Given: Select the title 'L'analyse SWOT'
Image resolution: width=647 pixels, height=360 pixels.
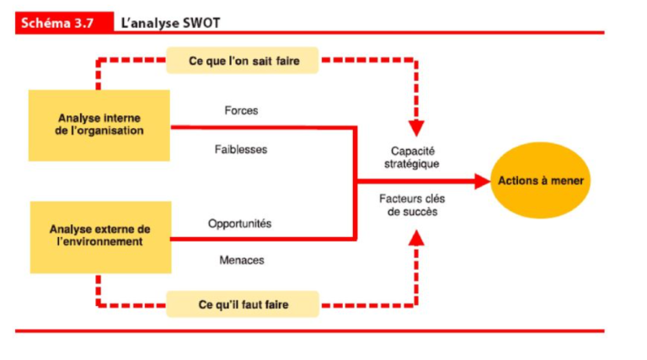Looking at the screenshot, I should [x=171, y=23].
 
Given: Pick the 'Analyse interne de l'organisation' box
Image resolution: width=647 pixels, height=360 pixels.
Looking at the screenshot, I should [x=100, y=125].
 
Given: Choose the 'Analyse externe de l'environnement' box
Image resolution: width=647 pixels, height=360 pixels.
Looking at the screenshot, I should [x=100, y=235].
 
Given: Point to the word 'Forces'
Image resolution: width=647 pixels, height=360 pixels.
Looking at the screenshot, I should [x=241, y=110].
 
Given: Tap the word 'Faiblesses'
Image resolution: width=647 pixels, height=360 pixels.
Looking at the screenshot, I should [x=241, y=149].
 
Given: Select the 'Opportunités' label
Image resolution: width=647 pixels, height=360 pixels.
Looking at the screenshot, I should [x=240, y=223].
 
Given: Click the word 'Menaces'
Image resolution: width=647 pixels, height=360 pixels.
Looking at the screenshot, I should [x=241, y=261].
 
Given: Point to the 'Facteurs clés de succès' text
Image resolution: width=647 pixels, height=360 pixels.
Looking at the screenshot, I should [x=413, y=205].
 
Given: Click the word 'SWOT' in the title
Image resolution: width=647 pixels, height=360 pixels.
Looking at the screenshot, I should [x=201, y=23].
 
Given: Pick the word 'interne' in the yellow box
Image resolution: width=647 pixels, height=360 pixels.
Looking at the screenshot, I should [x=123, y=118].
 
